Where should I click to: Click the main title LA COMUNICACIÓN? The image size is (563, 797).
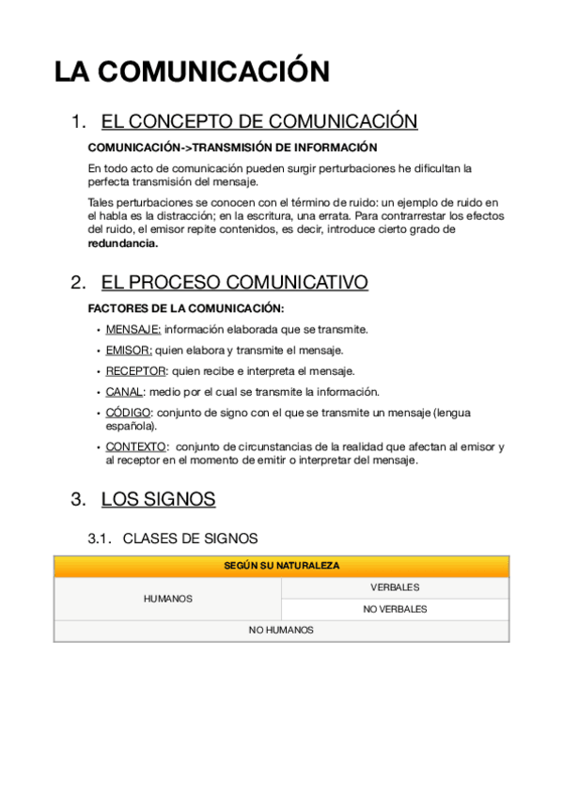coord(192,72)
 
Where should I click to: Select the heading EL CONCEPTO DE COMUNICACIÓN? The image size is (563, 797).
coord(258,122)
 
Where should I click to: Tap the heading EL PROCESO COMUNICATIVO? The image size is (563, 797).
coord(234,283)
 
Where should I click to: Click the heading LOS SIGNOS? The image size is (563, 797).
coord(158,500)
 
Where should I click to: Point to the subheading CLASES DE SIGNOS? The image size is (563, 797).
coord(190,539)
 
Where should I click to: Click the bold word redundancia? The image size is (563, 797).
coord(123,242)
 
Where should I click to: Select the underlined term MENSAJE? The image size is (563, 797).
coord(133,330)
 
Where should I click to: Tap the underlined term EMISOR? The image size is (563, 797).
coord(128,351)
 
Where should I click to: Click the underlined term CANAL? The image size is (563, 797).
coord(125,392)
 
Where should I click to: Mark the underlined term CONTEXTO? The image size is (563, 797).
coord(136,447)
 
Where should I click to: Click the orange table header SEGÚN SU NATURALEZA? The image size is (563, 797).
coord(282,566)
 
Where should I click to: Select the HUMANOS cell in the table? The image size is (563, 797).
coord(167,599)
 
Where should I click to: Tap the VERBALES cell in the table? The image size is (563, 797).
coord(395,587)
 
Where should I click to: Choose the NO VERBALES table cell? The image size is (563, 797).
coord(395,609)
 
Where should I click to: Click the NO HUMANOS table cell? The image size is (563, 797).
coord(281,631)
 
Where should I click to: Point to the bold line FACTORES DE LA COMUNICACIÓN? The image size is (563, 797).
coord(185,308)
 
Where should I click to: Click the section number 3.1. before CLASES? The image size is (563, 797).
coord(100,539)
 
